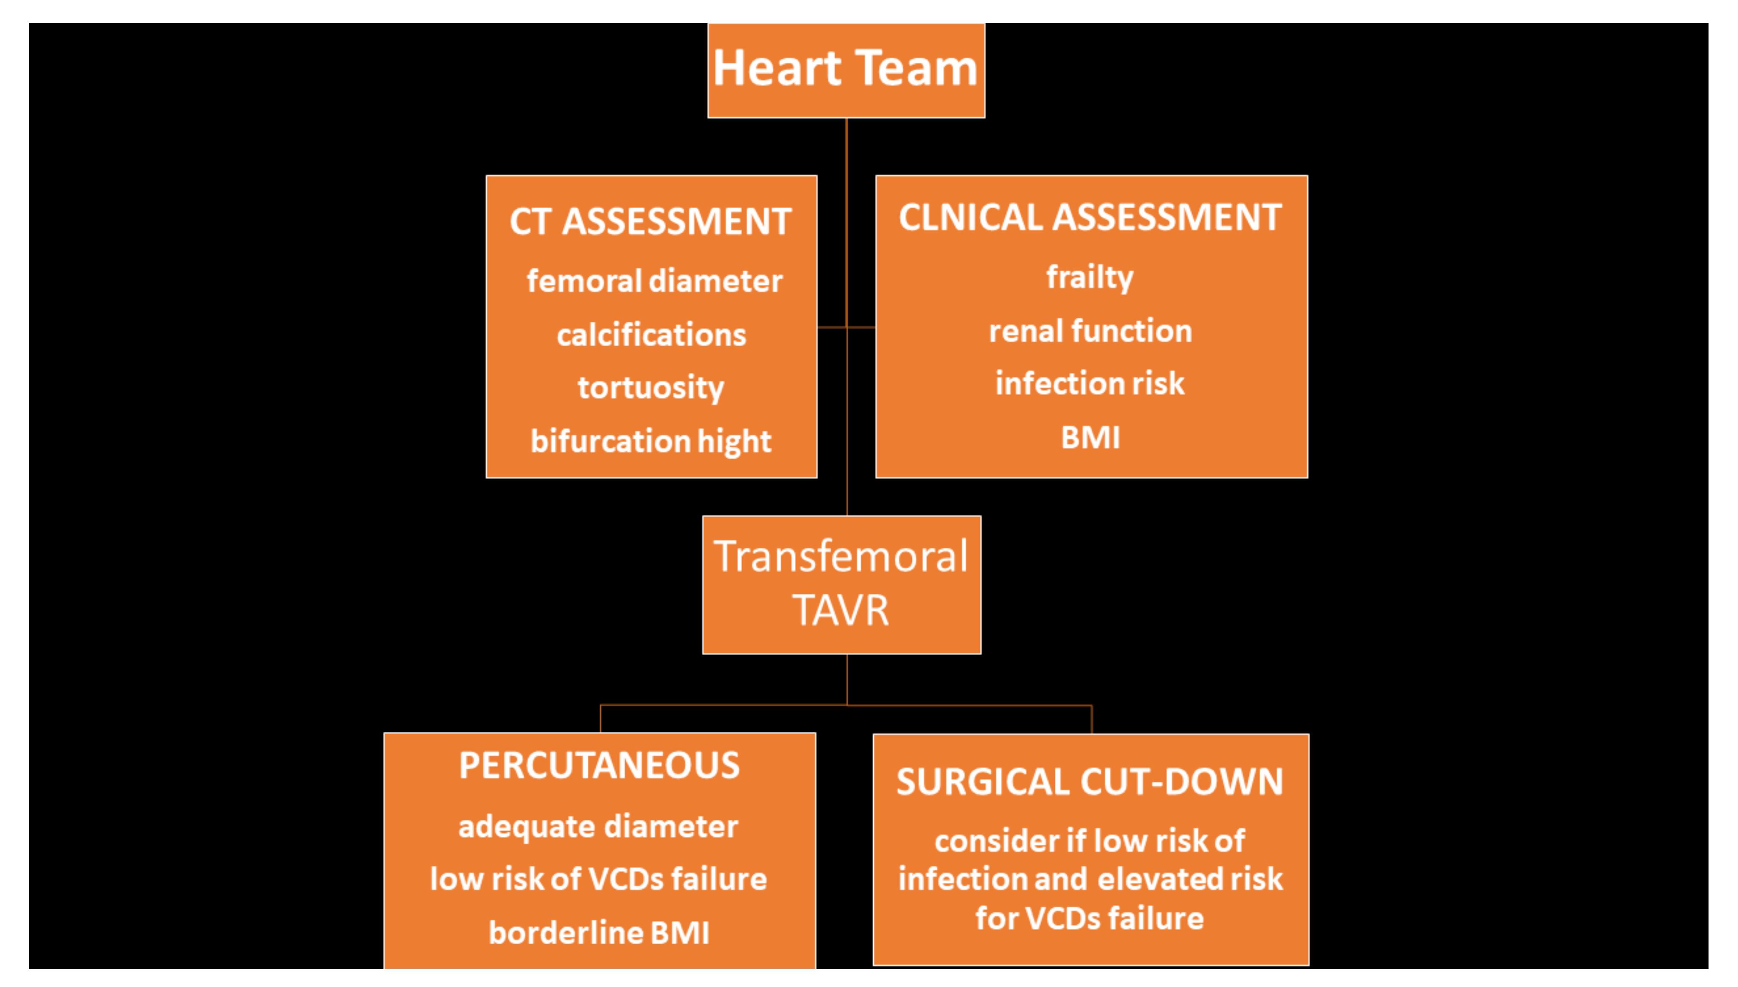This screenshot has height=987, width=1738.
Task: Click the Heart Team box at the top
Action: (x=846, y=71)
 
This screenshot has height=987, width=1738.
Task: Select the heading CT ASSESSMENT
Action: (x=650, y=222)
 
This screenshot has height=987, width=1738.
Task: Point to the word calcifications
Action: (x=651, y=335)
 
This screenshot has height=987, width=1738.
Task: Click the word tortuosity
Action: (x=650, y=388)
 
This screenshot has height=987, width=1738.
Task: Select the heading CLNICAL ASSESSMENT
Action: (x=1089, y=218)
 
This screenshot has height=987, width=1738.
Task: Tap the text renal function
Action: (x=1089, y=331)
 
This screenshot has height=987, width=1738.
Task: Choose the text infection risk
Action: (x=1089, y=384)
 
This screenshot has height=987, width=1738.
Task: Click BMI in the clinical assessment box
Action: (x=1089, y=437)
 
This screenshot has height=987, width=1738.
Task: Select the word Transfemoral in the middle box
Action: (x=841, y=557)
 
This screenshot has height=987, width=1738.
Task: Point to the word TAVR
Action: (x=841, y=610)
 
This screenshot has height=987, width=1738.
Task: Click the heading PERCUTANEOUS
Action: (x=599, y=765)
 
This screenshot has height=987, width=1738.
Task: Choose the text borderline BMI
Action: (x=599, y=933)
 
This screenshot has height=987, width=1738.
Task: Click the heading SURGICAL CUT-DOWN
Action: (x=1089, y=782)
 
